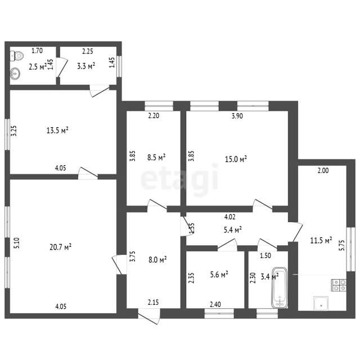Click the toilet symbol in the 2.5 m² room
point(16,56)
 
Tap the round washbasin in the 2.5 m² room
point(15,74)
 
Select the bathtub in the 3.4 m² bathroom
point(280,287)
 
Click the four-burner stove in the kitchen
point(339,285)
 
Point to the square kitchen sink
point(321,303)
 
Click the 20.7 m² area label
point(60,247)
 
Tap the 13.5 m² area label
point(57,130)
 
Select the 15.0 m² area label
point(236,159)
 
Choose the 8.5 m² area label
point(156,157)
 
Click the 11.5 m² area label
point(321,240)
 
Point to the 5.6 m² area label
point(219,274)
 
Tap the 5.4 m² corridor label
point(232,229)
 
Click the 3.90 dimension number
point(237,116)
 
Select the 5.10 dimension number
point(17,243)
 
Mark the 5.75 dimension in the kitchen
point(342,245)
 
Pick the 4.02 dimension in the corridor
point(230,217)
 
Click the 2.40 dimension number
point(215,304)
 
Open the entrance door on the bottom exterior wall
point(148,316)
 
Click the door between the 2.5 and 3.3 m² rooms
point(62,67)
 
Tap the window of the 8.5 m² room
point(159,106)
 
